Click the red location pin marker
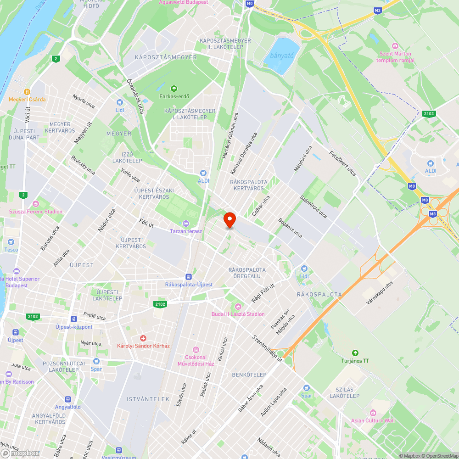tap(229, 219)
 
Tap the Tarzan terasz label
tap(186, 231)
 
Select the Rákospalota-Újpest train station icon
tap(188, 277)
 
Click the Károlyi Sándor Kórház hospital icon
tap(143, 338)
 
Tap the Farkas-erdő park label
tap(174, 96)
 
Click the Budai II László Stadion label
tap(238, 314)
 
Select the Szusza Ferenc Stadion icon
tap(36, 204)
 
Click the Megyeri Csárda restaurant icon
tap(28, 91)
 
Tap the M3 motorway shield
tap(432, 213)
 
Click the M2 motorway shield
tap(377, 10)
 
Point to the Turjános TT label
tap(355, 361)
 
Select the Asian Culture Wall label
tap(373, 420)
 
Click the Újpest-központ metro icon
tap(74, 319)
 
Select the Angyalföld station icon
tap(68, 399)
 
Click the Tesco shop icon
tap(11, 242)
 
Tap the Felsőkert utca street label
tap(342, 163)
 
